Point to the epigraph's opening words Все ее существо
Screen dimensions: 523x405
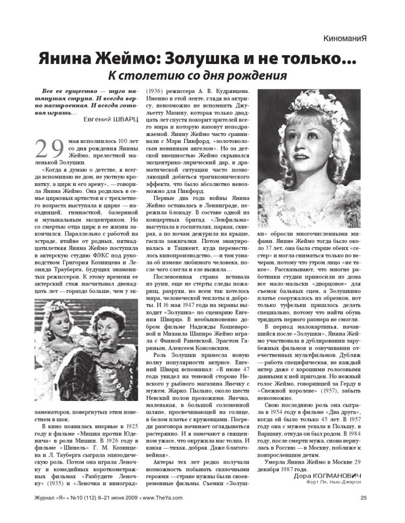click(64, 91)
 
